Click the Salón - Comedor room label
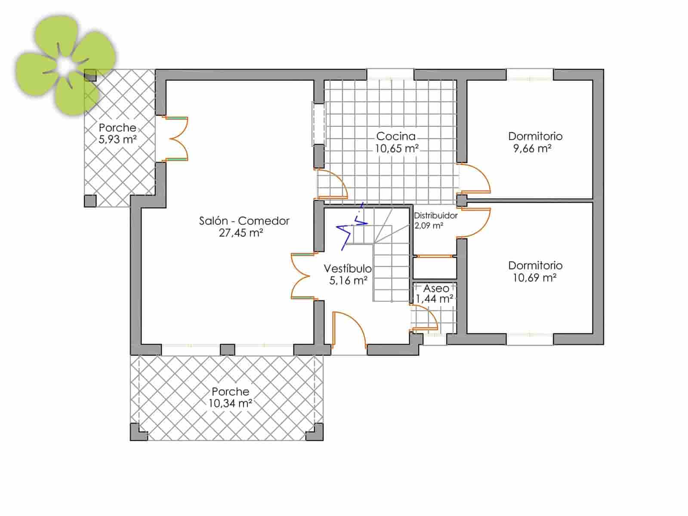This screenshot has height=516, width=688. pyautogui.click(x=244, y=221)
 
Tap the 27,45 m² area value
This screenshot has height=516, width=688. pyautogui.click(x=241, y=233)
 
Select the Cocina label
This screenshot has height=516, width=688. pyautogui.click(x=396, y=136)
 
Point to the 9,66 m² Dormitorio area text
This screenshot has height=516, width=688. pyautogui.click(x=532, y=149)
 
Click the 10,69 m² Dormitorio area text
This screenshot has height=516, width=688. pyautogui.click(x=534, y=278)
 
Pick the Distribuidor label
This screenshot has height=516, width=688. pyautogui.click(x=435, y=215)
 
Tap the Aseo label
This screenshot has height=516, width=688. pyautogui.click(x=436, y=288)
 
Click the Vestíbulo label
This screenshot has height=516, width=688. pyautogui.click(x=347, y=268)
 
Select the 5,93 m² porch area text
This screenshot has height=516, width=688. pyautogui.click(x=117, y=139)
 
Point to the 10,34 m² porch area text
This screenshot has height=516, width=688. pyautogui.click(x=230, y=403)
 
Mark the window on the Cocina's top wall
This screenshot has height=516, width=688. pyautogui.click(x=390, y=75)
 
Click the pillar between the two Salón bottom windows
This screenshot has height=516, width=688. pyautogui.click(x=228, y=349)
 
